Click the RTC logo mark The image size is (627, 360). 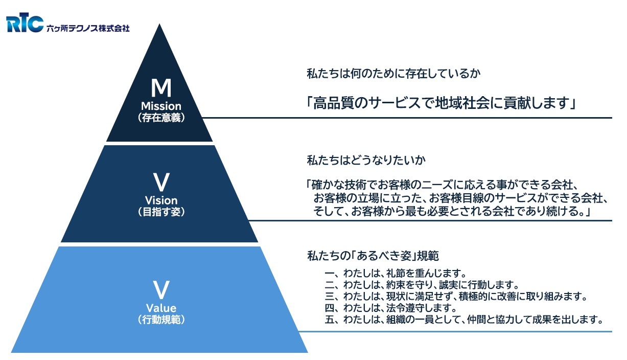coord(25,24)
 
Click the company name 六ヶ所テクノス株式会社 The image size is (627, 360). coord(87,28)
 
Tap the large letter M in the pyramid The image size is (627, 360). coord(161,88)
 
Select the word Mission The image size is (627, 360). coord(161,106)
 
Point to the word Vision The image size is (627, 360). coord(161,200)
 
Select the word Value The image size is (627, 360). coord(161,308)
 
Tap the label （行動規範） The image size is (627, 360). coord(161,320)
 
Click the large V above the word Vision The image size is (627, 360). coord(161,182)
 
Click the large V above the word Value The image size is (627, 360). coord(161,290)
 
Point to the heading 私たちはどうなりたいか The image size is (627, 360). coord(366,160)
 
